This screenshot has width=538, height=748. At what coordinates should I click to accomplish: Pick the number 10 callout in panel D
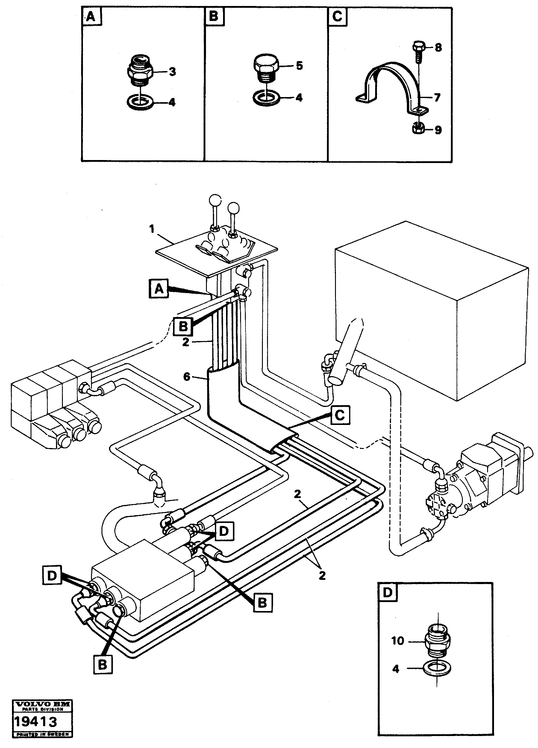point(398,641)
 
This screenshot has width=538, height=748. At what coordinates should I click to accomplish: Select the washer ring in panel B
point(266,98)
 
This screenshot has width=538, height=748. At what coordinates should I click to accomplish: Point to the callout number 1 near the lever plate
point(152,229)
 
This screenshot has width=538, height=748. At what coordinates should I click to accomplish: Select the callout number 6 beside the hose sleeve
point(187,377)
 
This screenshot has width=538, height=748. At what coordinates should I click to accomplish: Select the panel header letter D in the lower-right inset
point(387,593)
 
